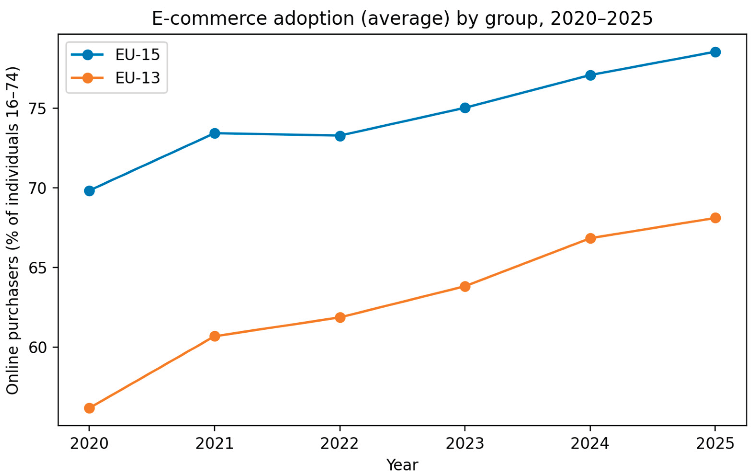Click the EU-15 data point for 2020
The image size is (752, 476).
point(89,191)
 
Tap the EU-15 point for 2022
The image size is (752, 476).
point(340,136)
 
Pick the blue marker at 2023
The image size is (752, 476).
point(465,108)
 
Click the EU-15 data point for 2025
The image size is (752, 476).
point(715,52)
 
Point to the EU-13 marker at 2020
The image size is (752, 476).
point(89,408)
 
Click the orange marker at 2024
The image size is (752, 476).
point(590,238)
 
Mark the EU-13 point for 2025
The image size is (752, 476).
point(715,218)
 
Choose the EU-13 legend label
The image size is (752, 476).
point(137,78)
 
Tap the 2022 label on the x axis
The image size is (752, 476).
point(340,443)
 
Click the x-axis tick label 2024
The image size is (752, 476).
point(590,443)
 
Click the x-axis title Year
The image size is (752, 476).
point(402,465)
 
